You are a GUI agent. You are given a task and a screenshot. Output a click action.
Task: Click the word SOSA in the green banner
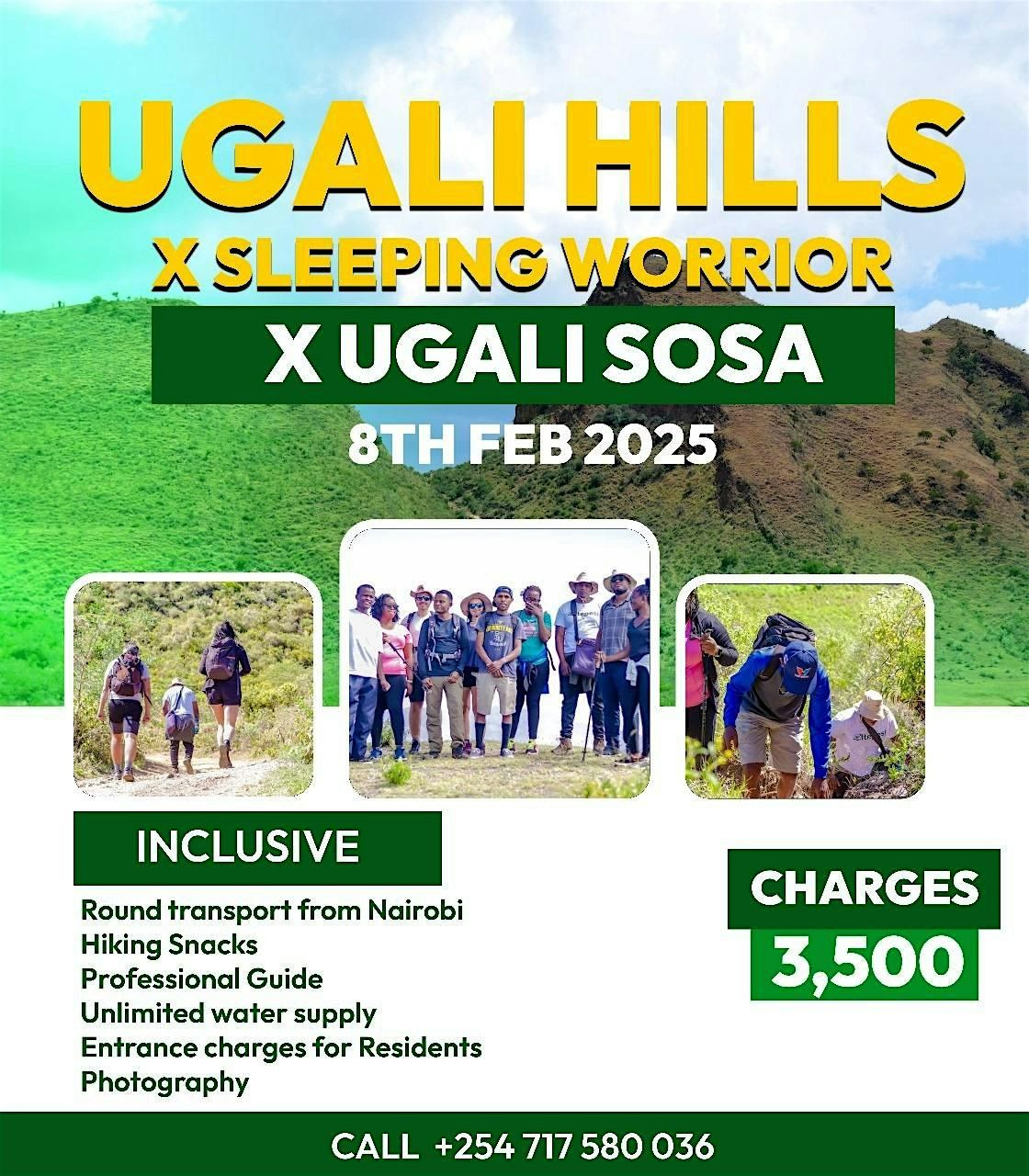pos(703,355)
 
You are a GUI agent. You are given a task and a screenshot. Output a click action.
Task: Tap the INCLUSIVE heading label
pos(247,846)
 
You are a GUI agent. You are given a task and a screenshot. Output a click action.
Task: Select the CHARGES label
pos(865,887)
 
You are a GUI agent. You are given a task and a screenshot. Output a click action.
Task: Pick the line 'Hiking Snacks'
pos(169,944)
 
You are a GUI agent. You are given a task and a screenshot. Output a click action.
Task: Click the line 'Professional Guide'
pos(202,978)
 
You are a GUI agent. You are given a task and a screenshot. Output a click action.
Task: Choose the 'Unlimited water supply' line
pos(229,1012)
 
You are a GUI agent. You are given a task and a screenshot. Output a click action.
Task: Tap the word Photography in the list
pos(165,1081)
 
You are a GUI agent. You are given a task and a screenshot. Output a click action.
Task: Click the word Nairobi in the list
pos(415,910)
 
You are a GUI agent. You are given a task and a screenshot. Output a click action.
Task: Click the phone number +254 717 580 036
pos(574,1147)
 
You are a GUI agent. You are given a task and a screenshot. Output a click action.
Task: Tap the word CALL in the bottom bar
pos(373,1147)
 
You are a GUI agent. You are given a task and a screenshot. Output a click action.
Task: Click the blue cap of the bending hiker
pos(798,657)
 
